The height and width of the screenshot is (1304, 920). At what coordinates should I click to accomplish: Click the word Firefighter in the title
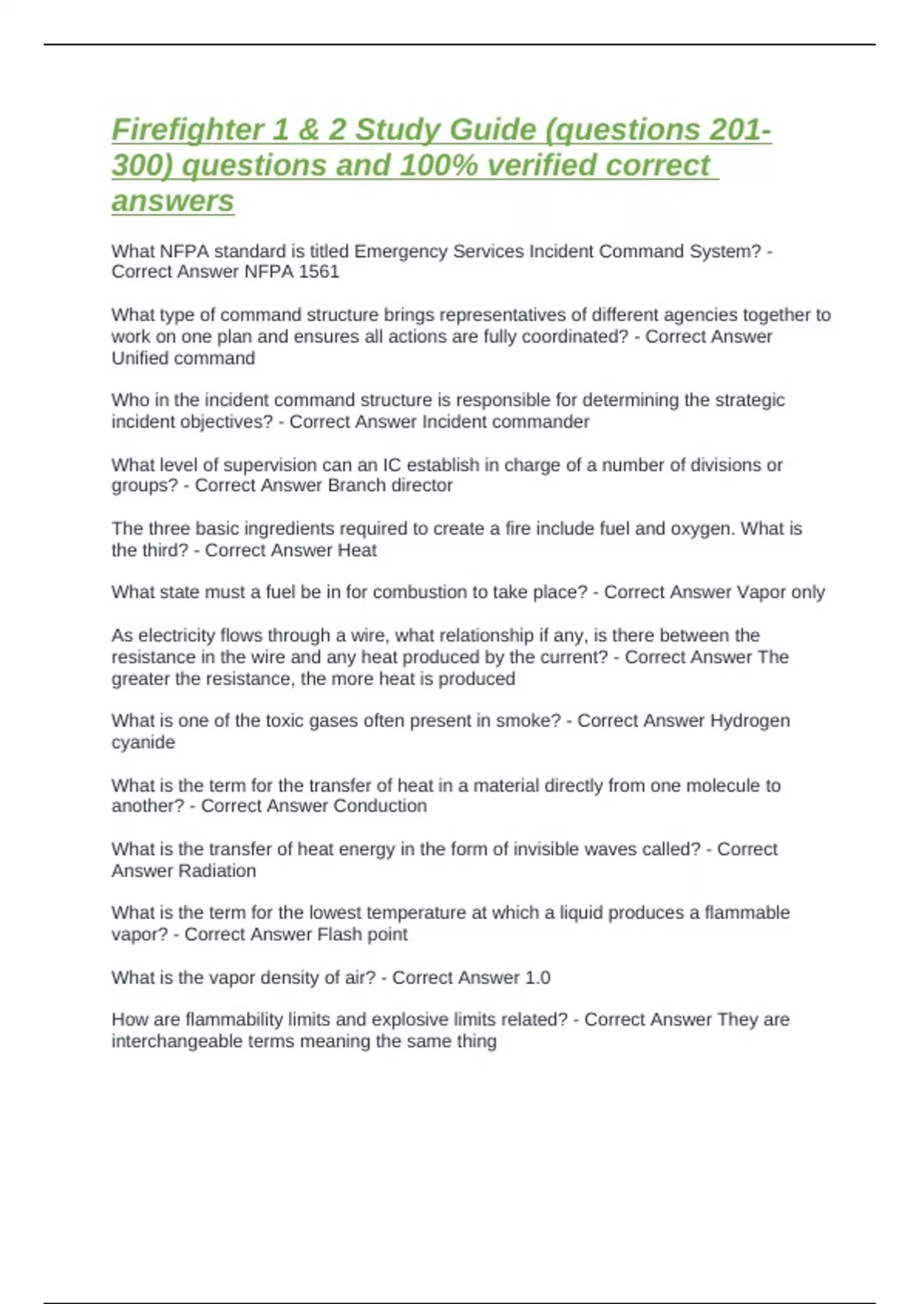point(187,130)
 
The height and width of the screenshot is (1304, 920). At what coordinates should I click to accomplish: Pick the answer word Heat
point(357,551)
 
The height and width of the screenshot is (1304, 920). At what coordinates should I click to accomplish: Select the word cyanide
point(143,743)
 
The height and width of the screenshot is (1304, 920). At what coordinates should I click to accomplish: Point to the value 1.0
point(537,978)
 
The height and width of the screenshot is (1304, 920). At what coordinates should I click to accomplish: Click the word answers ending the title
point(172,201)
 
